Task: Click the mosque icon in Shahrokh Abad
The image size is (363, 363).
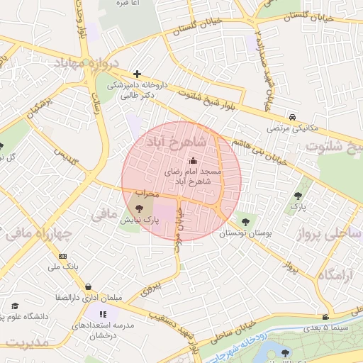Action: [x=194, y=161]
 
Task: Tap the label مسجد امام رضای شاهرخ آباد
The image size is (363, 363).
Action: [x=194, y=177]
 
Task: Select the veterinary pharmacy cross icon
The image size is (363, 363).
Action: [x=137, y=74]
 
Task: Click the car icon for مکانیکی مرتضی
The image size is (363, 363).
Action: [x=292, y=117]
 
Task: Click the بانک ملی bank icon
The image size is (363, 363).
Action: [x=63, y=256]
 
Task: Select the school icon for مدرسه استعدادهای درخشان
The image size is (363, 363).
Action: [x=104, y=314]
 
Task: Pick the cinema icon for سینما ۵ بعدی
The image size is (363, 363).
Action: [x=325, y=317]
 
